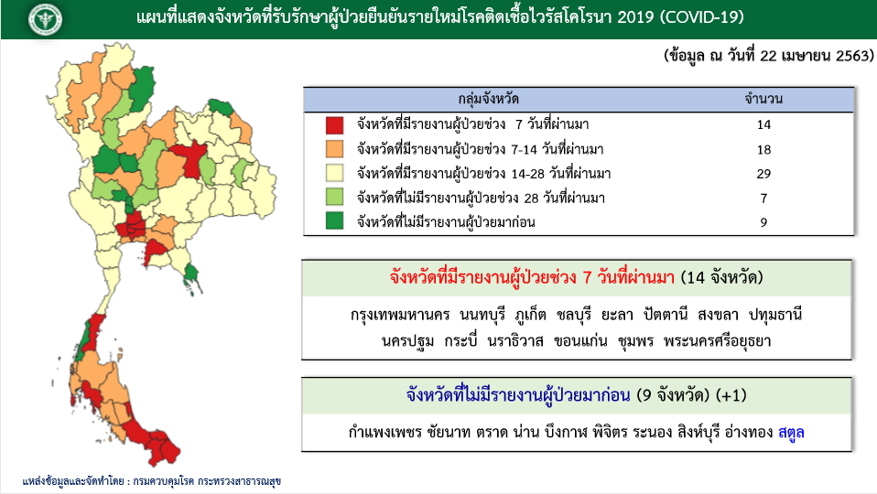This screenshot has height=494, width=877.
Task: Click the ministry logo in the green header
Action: click(x=45, y=19)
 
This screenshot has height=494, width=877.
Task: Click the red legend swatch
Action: click(x=334, y=124)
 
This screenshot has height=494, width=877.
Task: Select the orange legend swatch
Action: click(x=334, y=149)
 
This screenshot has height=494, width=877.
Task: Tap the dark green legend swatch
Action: click(x=334, y=221)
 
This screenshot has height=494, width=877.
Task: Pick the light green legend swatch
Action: click(x=334, y=198)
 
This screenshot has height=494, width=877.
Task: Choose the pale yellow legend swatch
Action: click(x=334, y=173)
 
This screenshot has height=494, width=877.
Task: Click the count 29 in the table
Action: click(x=763, y=174)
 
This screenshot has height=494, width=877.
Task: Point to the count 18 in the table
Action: click(x=763, y=150)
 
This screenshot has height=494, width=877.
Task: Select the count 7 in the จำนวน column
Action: click(x=763, y=199)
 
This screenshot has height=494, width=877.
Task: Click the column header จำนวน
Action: click(x=763, y=100)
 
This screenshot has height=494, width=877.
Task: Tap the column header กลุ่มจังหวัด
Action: click(x=488, y=100)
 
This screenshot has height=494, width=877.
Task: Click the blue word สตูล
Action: click(x=791, y=432)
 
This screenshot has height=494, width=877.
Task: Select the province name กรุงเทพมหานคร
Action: click(x=400, y=315)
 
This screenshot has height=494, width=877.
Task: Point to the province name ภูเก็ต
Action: click(x=530, y=315)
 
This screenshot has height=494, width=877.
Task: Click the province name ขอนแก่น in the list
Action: click(x=580, y=341)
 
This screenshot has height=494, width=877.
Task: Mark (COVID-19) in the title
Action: click(x=702, y=17)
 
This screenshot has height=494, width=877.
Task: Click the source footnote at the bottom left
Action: click(x=152, y=481)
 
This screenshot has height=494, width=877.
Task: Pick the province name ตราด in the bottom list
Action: click(x=493, y=432)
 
